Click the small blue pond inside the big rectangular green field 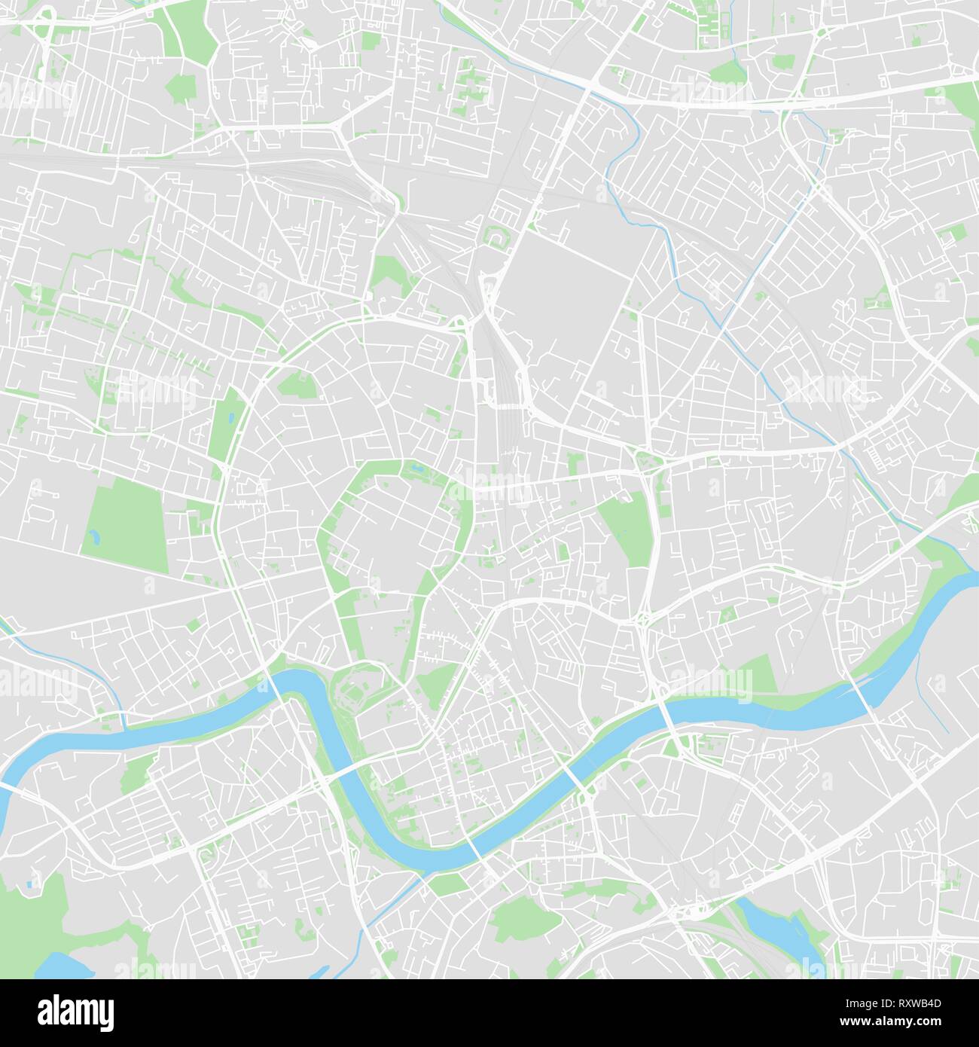pyautogui.click(x=93, y=537)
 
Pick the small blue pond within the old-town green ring pyautogui.click(x=413, y=472)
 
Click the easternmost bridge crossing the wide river pyautogui.click(x=861, y=692)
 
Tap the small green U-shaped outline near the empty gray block pyautogui.click(x=497, y=236)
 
